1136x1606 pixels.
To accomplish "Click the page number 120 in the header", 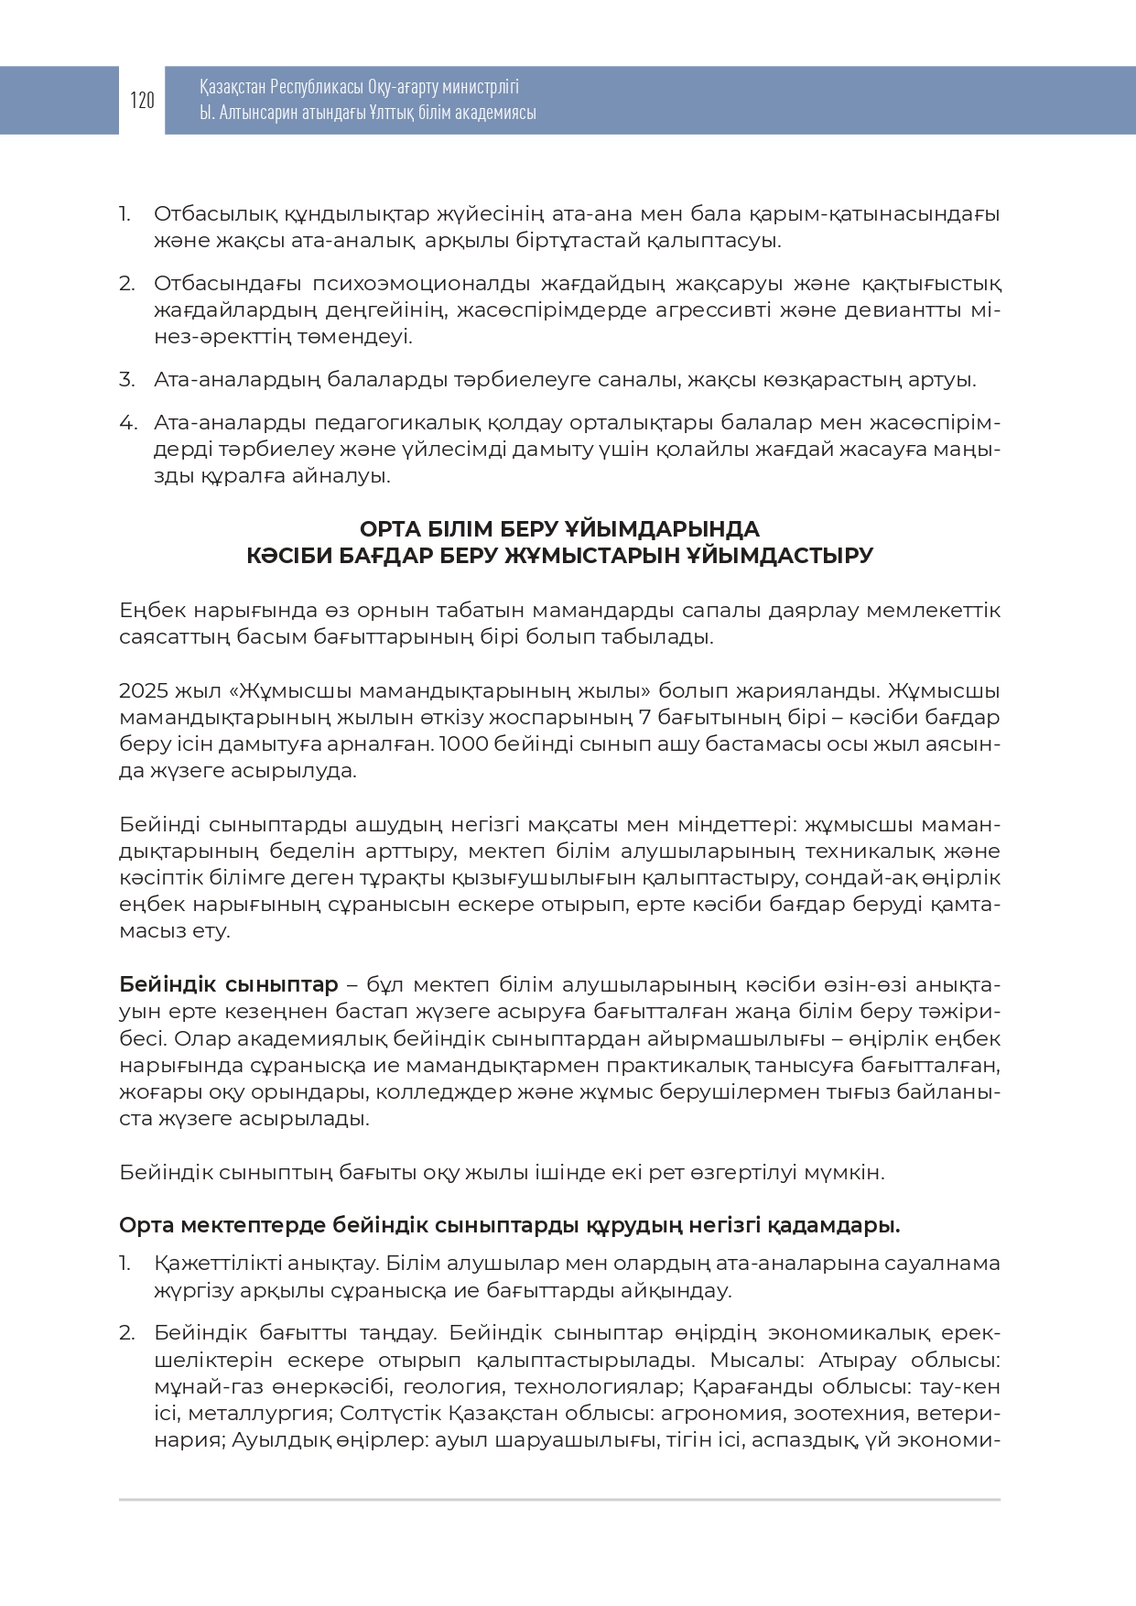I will (142, 100).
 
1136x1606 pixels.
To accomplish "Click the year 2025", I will (144, 690).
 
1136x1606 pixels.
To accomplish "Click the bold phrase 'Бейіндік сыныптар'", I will (229, 985).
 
